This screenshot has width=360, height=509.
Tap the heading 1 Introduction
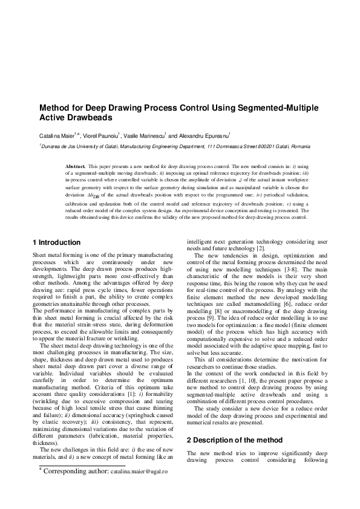click(56, 242)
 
